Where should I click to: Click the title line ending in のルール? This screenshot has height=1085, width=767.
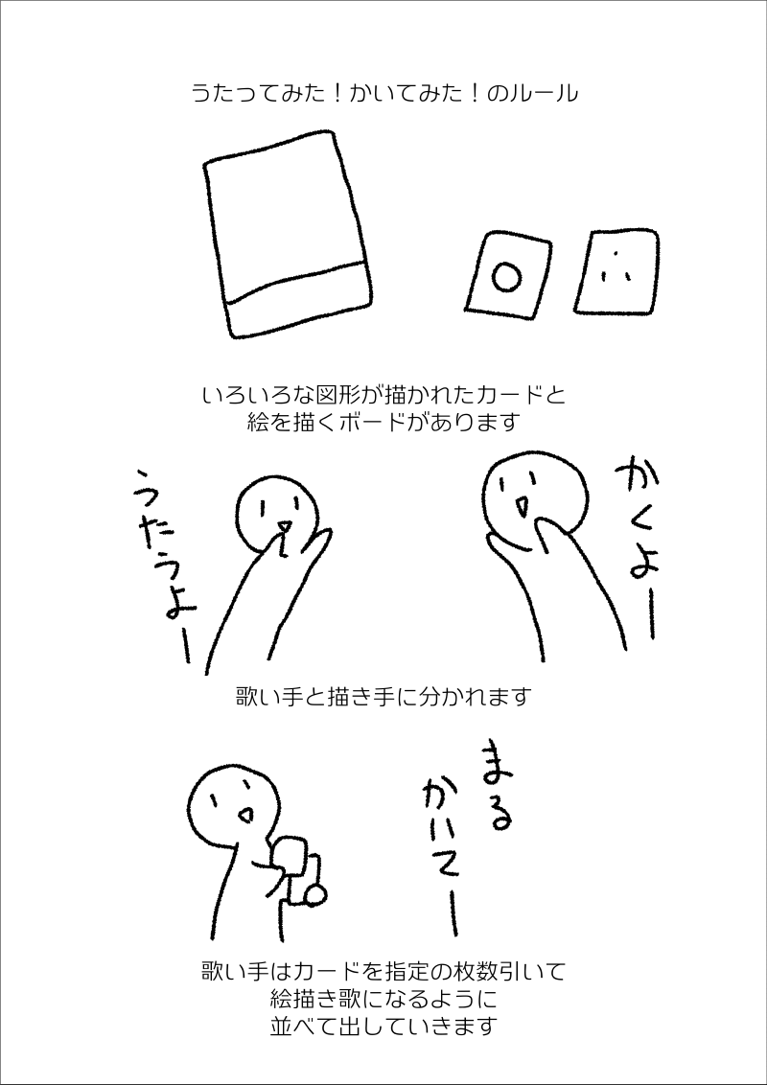click(384, 93)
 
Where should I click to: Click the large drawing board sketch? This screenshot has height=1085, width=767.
click(288, 235)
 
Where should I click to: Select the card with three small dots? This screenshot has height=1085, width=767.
click(616, 270)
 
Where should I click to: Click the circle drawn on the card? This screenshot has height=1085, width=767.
click(506, 277)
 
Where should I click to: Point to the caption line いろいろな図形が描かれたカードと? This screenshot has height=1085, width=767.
click(384, 397)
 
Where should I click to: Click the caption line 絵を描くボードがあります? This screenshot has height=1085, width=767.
click(383, 422)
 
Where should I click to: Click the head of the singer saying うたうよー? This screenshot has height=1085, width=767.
click(278, 515)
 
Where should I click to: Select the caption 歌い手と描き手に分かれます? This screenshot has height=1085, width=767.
click(383, 696)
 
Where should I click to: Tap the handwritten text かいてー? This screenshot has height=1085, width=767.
click(438, 857)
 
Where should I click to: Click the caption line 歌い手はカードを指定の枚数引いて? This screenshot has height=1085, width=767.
click(383, 972)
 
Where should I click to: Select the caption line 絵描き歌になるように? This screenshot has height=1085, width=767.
click(383, 999)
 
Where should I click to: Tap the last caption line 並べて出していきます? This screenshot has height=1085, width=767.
click(383, 1025)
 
